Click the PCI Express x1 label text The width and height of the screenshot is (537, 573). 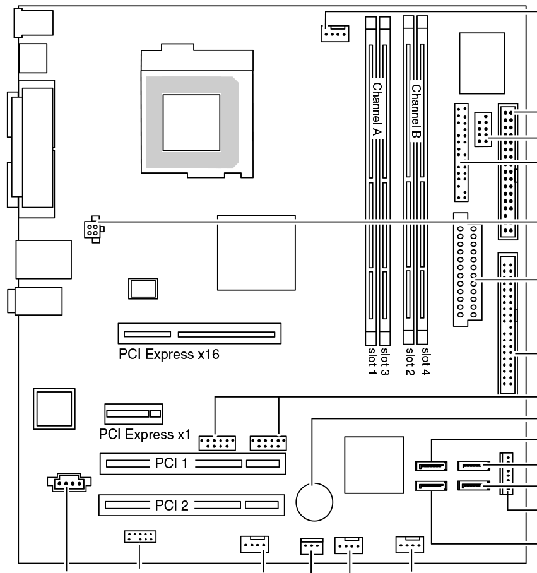pos(145,435)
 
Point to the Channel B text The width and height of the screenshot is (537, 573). pos(416,110)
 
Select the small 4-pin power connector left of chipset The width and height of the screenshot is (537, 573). pos(93,230)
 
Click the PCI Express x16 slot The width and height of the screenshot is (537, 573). pos(199,333)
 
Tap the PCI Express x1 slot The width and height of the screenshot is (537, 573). pos(133,414)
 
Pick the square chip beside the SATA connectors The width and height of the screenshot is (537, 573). pos(374,464)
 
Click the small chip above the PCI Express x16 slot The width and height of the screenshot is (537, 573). pos(142,288)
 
